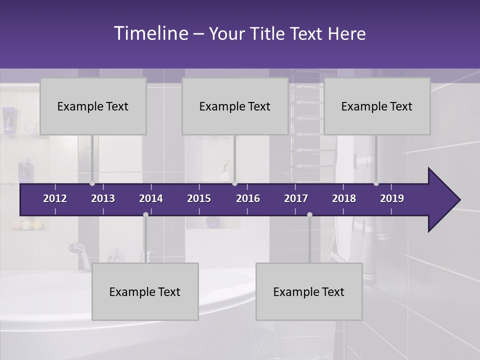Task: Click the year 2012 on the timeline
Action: (55, 198)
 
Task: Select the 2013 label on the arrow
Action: (103, 198)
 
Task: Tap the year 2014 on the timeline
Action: (151, 198)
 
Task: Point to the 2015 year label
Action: (199, 198)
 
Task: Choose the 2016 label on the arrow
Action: (248, 198)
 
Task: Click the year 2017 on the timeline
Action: (296, 198)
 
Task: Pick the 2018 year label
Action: (344, 198)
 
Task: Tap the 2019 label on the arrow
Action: (392, 198)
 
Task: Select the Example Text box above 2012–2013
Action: (93, 106)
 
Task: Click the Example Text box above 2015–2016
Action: (235, 106)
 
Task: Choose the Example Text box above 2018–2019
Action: (377, 106)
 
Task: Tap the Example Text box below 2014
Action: (145, 292)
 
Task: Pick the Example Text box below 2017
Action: (309, 292)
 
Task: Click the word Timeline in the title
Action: (150, 33)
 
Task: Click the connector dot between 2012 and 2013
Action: (92, 183)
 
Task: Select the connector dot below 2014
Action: (145, 214)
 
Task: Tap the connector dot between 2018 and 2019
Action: (376, 183)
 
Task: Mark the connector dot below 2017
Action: (309, 214)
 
